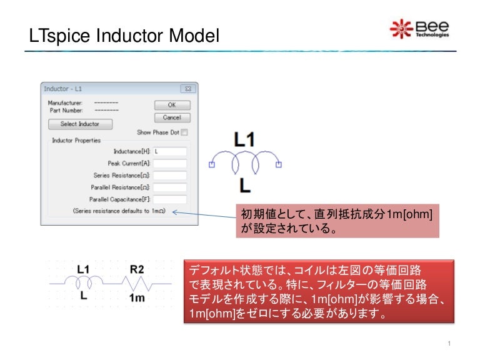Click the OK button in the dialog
coord(172,105)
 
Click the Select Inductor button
coord(79,124)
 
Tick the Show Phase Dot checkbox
coord(184,132)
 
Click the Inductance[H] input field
coord(170,151)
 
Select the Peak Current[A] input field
coord(170,163)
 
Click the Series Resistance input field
coord(170,175)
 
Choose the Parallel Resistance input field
coord(170,187)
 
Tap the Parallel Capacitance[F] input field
coord(170,199)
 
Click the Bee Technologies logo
coord(419,29)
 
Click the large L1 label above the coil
coord(244,139)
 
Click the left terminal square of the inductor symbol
coord(211,165)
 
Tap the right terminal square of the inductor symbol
coord(279,165)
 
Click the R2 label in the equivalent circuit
coord(137,270)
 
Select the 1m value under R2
coord(137,297)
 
